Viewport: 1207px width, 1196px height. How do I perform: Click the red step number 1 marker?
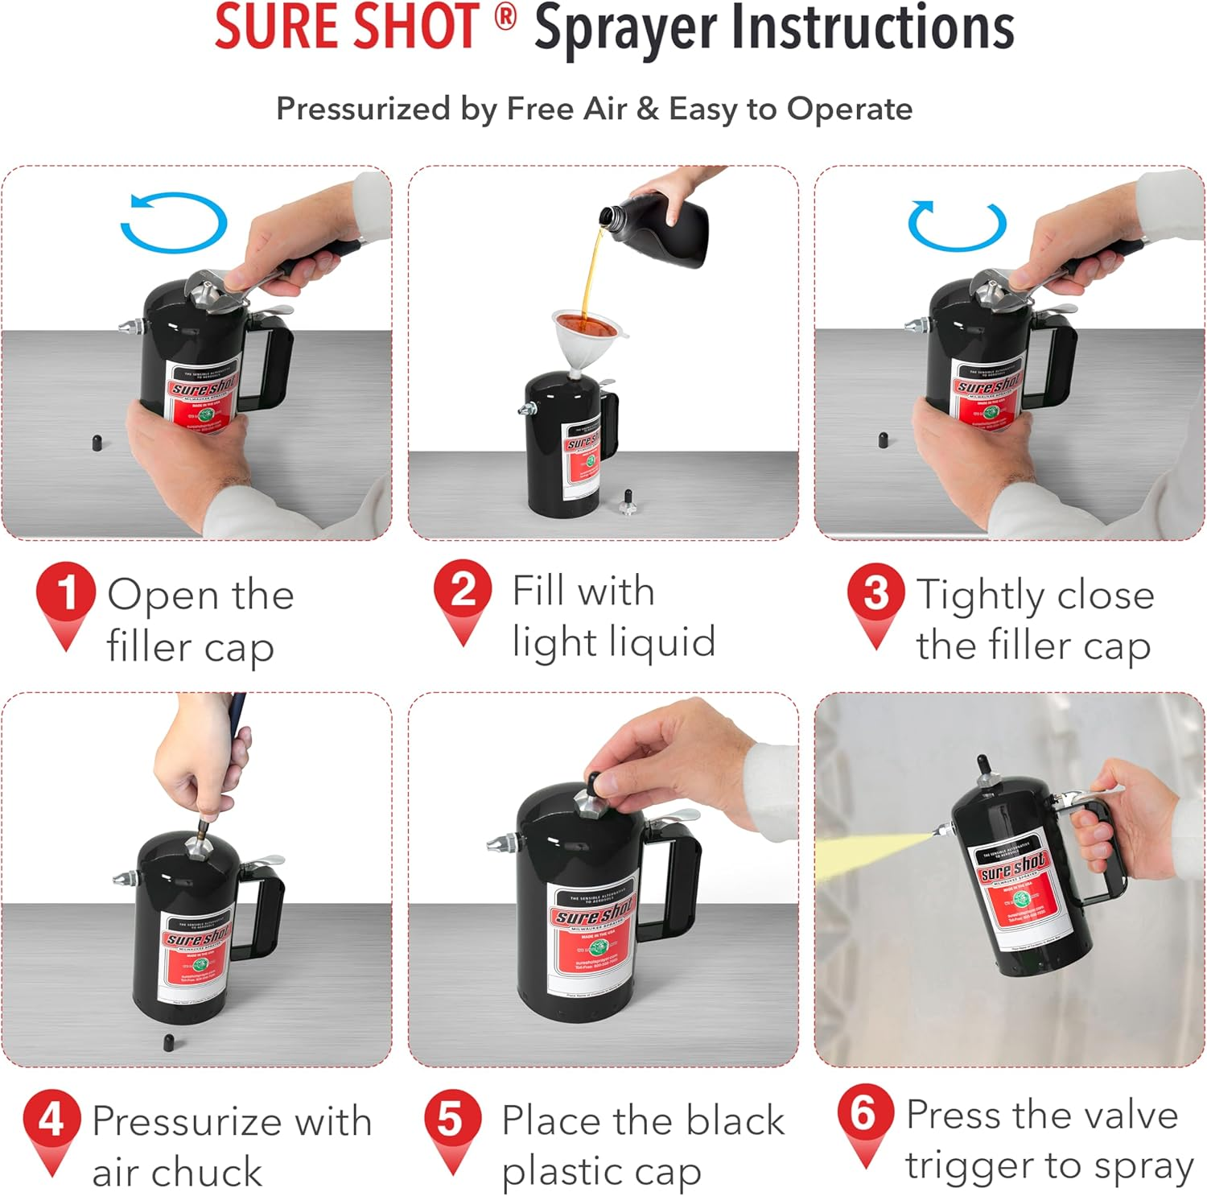[65, 593]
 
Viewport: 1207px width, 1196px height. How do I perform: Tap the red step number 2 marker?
[462, 589]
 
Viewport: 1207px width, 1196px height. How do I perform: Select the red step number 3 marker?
[875, 593]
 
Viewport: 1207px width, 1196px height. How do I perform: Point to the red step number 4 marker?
[51, 1119]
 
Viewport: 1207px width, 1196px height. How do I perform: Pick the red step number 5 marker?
[452, 1120]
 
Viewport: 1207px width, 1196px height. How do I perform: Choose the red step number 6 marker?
[865, 1113]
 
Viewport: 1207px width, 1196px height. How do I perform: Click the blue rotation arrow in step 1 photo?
[174, 222]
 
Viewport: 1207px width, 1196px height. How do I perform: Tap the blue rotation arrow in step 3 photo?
[957, 225]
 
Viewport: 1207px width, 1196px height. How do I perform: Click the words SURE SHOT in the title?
[346, 27]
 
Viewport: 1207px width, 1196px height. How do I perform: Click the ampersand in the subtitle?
[647, 109]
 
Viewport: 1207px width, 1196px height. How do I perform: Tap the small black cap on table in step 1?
[97, 443]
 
